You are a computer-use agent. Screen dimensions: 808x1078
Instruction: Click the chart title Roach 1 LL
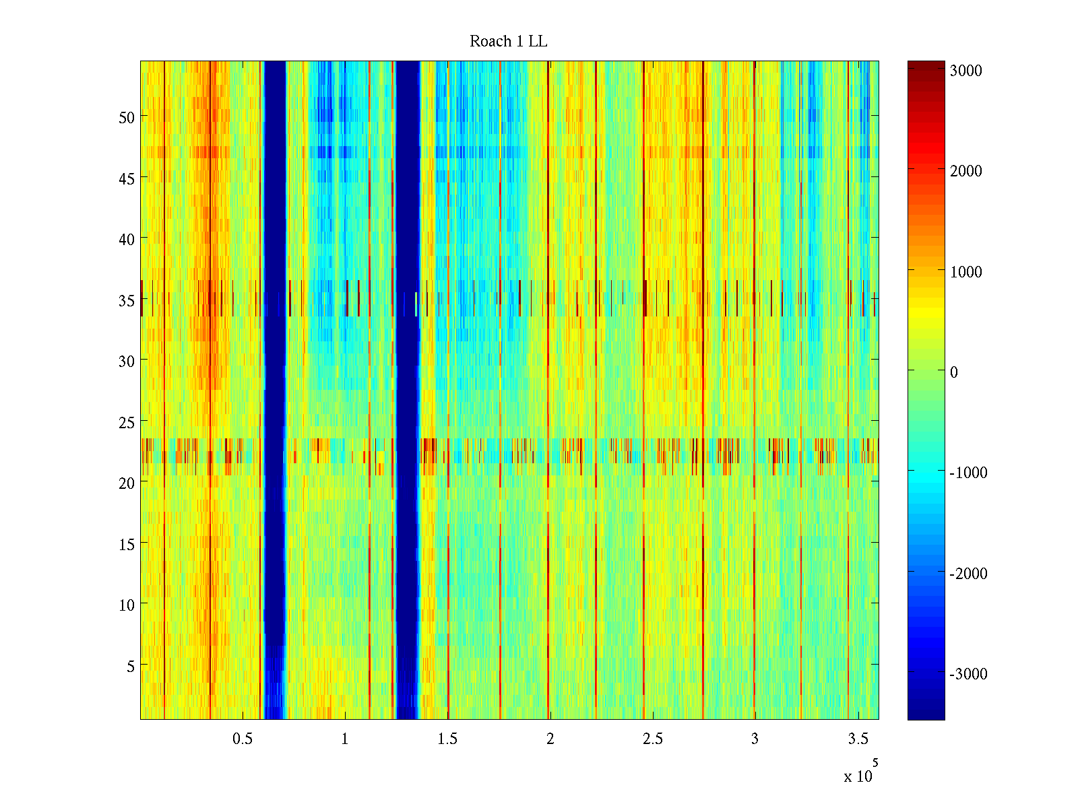pos(509,42)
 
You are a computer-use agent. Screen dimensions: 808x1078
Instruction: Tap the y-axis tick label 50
pos(127,117)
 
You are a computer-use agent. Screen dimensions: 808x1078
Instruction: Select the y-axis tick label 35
pos(127,300)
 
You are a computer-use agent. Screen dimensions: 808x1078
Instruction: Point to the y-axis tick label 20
pos(127,483)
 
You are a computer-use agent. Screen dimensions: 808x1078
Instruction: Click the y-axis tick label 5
pos(131,666)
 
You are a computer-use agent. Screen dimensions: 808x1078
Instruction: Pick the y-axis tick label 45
pos(127,178)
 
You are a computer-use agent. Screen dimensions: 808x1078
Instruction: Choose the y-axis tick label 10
pos(127,605)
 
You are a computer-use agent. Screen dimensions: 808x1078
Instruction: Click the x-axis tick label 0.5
pos(243,739)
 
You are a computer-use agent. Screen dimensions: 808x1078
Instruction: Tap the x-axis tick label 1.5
pos(447,739)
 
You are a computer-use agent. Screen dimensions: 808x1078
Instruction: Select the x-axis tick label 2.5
pos(652,739)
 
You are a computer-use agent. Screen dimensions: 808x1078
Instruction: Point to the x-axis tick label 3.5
pos(858,739)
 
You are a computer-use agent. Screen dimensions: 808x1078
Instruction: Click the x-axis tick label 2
pos(550,739)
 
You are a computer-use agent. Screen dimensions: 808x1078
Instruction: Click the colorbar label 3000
pos(965,71)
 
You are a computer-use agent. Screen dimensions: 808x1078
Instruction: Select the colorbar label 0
pos(953,372)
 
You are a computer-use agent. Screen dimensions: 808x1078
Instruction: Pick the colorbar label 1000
pos(965,272)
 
